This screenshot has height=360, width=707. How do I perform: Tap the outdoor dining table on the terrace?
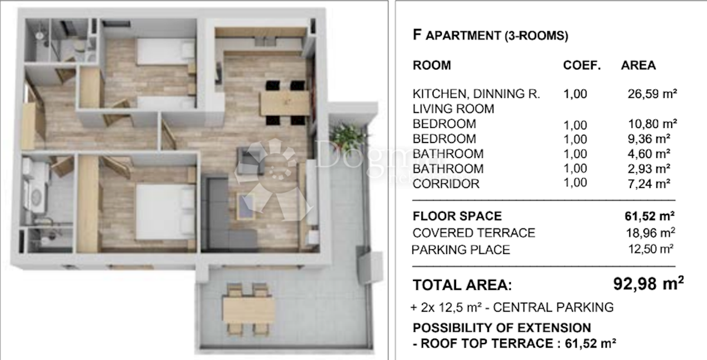[x=249, y=309]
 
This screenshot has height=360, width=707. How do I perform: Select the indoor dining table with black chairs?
[x=284, y=103]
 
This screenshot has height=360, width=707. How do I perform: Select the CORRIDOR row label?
[x=446, y=184]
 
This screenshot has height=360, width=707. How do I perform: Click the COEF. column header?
[x=582, y=65]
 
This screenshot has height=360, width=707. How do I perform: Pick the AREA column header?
[x=638, y=65]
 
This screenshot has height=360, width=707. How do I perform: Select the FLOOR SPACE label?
[x=457, y=216]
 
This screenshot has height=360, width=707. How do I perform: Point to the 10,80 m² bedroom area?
[x=653, y=124]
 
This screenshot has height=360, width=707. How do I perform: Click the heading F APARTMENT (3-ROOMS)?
[x=490, y=35]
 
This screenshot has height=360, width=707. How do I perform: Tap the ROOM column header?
[x=432, y=65]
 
